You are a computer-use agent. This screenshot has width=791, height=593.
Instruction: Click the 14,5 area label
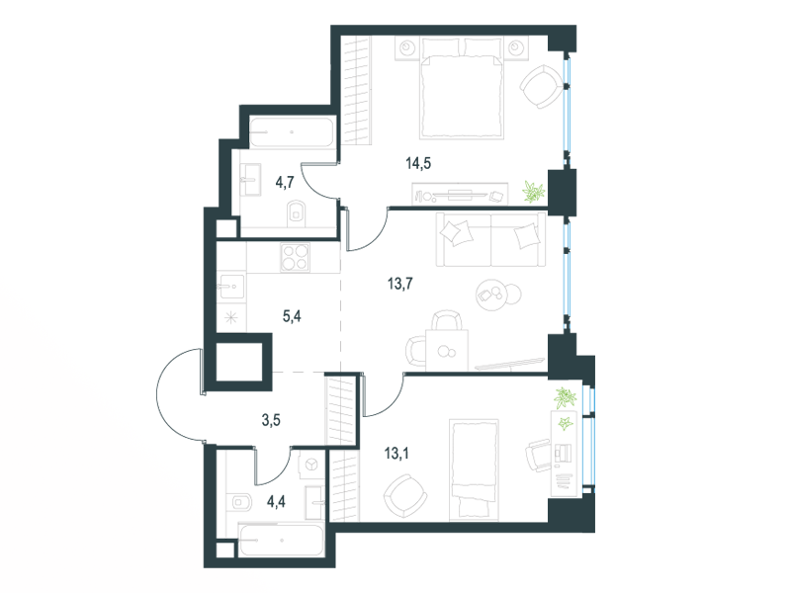(418, 163)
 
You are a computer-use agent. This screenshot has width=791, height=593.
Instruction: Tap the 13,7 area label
(400, 284)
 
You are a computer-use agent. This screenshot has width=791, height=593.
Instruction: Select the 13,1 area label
(396, 454)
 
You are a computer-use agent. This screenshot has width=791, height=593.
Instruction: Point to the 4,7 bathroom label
(285, 182)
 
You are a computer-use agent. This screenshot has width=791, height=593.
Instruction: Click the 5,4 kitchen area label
(292, 316)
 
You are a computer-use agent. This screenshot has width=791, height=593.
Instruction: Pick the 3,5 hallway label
(271, 420)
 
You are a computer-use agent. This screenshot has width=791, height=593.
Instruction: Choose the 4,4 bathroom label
(277, 502)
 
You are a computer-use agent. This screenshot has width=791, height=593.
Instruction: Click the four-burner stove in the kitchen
(295, 257)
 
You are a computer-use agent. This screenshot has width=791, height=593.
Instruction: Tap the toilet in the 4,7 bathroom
(297, 214)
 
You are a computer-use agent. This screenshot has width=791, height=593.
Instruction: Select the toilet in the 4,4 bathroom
(242, 502)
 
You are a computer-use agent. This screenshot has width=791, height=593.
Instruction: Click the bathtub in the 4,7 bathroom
(293, 132)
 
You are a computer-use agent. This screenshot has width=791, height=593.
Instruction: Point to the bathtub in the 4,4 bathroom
(281, 541)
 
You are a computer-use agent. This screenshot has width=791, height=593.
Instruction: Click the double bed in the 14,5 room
(461, 89)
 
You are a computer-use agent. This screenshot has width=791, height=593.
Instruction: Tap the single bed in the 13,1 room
(475, 468)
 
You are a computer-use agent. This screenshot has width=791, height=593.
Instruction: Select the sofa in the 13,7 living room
(490, 239)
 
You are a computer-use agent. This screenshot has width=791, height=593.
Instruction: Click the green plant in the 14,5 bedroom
(534, 192)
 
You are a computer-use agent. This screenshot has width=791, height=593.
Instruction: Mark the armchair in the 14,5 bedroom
(541, 87)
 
